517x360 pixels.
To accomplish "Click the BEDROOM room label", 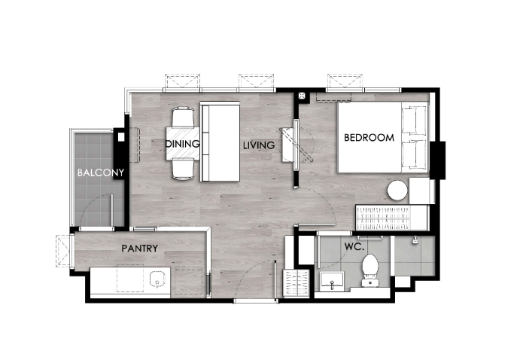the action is (369, 137).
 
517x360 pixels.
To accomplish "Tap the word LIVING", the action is (259, 145).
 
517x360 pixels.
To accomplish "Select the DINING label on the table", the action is (182, 144).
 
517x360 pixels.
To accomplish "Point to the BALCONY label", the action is (101, 172).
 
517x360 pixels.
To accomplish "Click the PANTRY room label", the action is (139, 248).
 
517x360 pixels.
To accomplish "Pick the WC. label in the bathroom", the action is (354, 246).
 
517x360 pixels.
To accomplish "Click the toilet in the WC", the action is (370, 270).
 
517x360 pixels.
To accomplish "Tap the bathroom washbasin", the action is (332, 282).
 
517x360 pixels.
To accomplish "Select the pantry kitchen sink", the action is (157, 279).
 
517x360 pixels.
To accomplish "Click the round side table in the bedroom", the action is (397, 190).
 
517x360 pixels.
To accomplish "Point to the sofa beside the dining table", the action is (220, 142).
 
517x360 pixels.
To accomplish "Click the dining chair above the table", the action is (183, 117).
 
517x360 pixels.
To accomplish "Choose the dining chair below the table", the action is (183, 169).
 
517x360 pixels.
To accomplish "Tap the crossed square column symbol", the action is (302, 96).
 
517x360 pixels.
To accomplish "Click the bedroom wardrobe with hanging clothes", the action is (383, 218).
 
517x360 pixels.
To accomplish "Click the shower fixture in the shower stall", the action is (415, 240).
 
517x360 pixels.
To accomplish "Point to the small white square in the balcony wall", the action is (121, 136).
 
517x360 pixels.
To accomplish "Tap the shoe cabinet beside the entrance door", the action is (296, 282).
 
